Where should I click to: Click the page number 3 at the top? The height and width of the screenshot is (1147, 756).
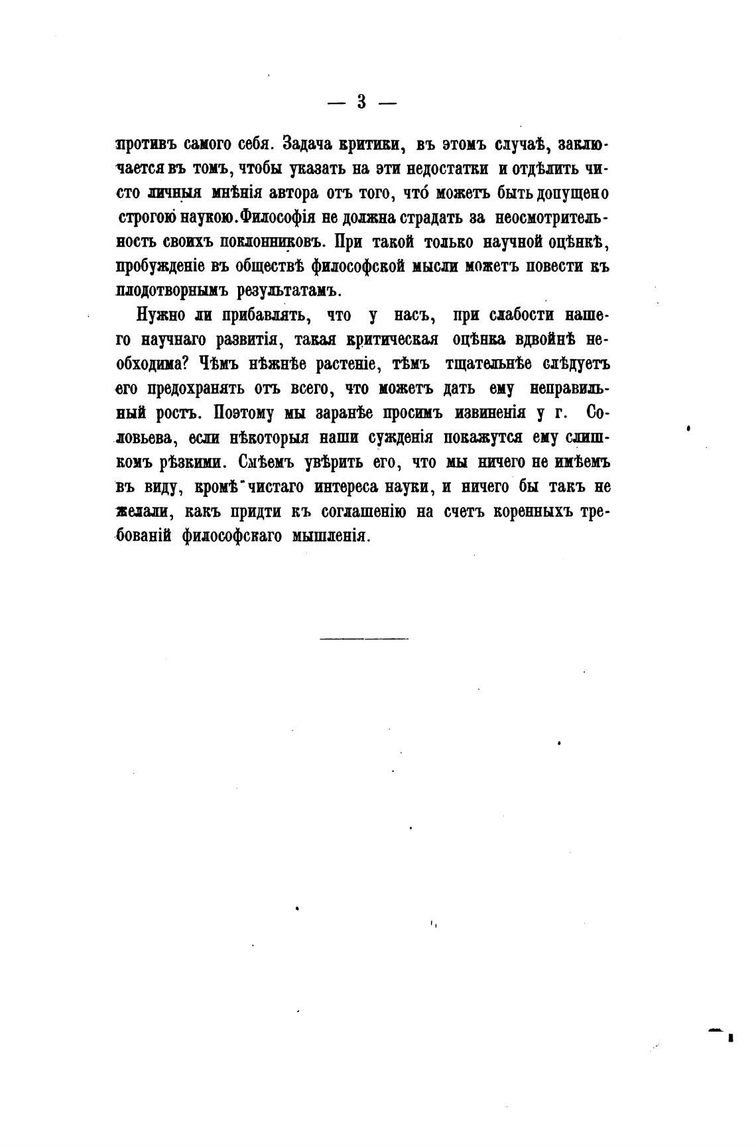362,102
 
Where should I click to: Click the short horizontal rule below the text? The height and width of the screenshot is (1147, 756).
364,638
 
